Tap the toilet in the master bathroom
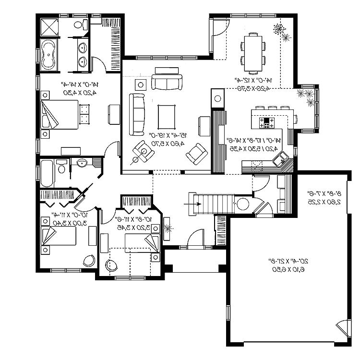click(79, 24)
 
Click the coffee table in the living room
click(167, 116)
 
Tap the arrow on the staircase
click(192, 203)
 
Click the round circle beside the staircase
click(243, 204)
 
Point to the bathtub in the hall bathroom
click(47, 173)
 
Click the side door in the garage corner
click(342, 331)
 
